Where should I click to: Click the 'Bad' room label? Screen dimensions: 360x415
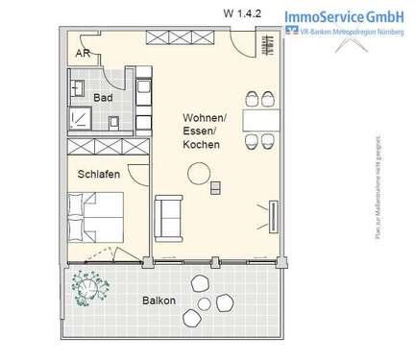pyautogui.click(x=102, y=98)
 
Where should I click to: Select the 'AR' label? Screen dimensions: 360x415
pyautogui.click(x=84, y=54)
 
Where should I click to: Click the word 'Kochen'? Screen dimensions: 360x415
pyautogui.click(x=200, y=145)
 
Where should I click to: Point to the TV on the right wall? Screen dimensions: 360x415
pyautogui.click(x=272, y=213)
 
